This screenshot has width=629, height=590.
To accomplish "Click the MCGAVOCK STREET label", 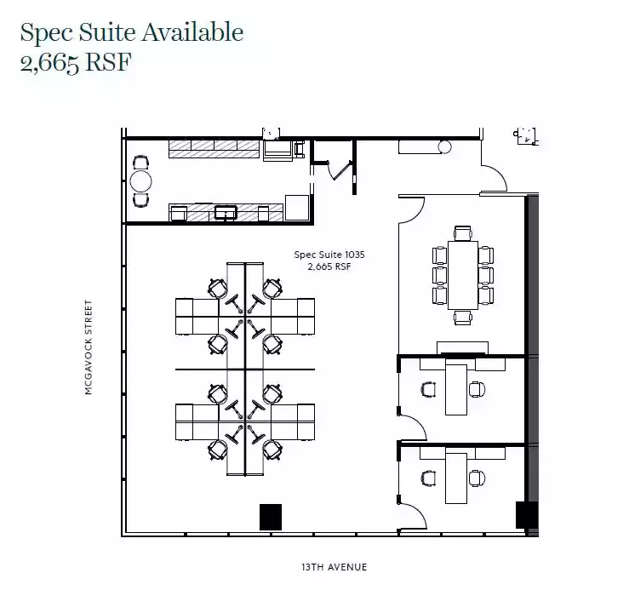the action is [x=89, y=347].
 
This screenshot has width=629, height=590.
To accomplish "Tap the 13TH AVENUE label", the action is [x=335, y=567].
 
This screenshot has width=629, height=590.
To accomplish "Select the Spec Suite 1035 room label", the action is [x=329, y=255].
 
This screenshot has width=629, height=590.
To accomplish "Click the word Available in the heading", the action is [x=192, y=32].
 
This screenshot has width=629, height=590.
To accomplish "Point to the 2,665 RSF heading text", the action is [x=76, y=63].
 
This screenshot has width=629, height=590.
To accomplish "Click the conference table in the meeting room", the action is [x=463, y=275].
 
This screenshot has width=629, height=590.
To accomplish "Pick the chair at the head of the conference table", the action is [x=463, y=233].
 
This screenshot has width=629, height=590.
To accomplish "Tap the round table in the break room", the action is [x=140, y=181].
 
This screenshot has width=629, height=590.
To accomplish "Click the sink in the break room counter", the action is [x=226, y=212].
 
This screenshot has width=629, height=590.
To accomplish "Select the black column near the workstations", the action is [x=271, y=517].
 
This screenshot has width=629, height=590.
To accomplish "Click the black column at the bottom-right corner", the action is [x=526, y=515].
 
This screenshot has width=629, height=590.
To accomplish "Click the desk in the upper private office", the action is [x=456, y=389].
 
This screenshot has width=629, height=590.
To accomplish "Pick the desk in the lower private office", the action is [x=456, y=478].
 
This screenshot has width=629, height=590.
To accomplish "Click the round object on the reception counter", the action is [x=444, y=147].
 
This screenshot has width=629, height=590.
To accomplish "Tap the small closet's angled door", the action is [x=340, y=170].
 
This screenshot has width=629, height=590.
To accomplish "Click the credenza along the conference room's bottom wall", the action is [x=462, y=347].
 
